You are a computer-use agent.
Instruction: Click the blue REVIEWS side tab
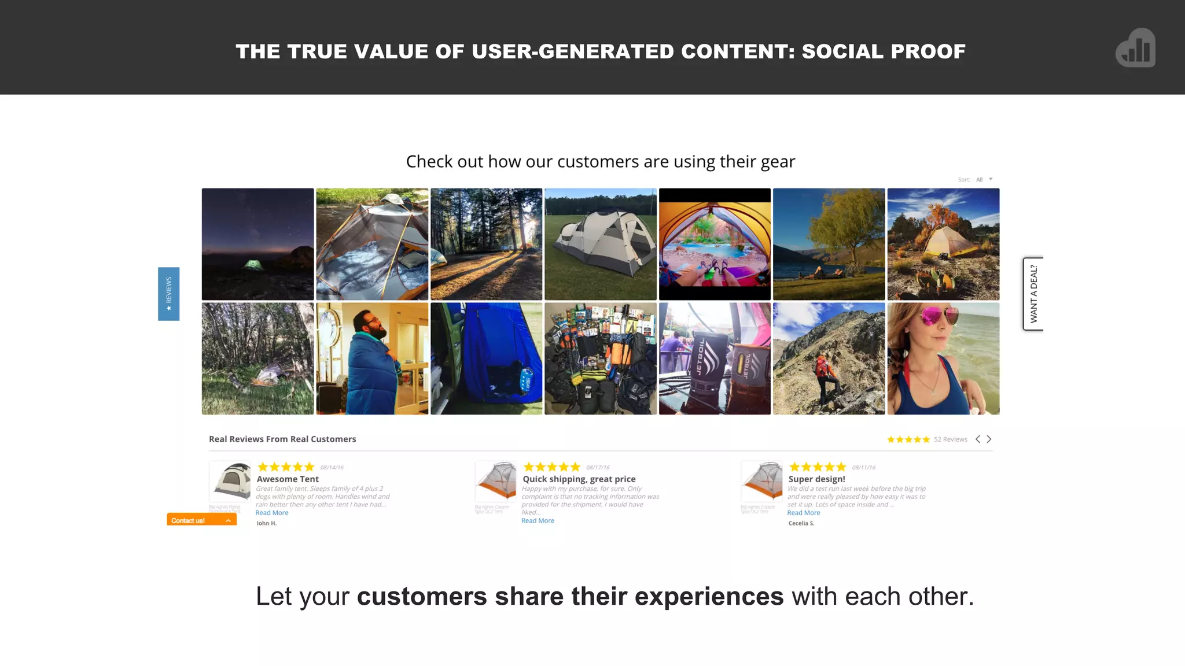pos(168,294)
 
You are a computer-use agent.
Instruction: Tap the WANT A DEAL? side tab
pos(1033,294)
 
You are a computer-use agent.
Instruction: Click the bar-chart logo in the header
pos(1136,48)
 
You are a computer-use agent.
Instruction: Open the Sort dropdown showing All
pos(984,180)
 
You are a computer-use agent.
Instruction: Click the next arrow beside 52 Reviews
pos(989,439)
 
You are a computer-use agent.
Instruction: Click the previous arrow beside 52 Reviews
pos(978,439)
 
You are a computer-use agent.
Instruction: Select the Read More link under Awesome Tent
pos(272,513)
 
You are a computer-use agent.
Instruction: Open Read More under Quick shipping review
pos(538,521)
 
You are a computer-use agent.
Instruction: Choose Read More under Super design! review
pos(804,513)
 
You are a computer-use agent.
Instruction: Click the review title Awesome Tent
pos(288,479)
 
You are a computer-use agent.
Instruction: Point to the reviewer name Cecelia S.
pos(801,523)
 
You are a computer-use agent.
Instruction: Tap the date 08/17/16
pos(598,468)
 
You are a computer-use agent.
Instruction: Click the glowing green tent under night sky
pos(252,264)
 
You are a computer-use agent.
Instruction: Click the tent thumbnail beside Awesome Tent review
pos(230,481)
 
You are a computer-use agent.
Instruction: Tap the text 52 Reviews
pos(951,439)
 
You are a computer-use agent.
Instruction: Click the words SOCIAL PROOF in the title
pos(884,51)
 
